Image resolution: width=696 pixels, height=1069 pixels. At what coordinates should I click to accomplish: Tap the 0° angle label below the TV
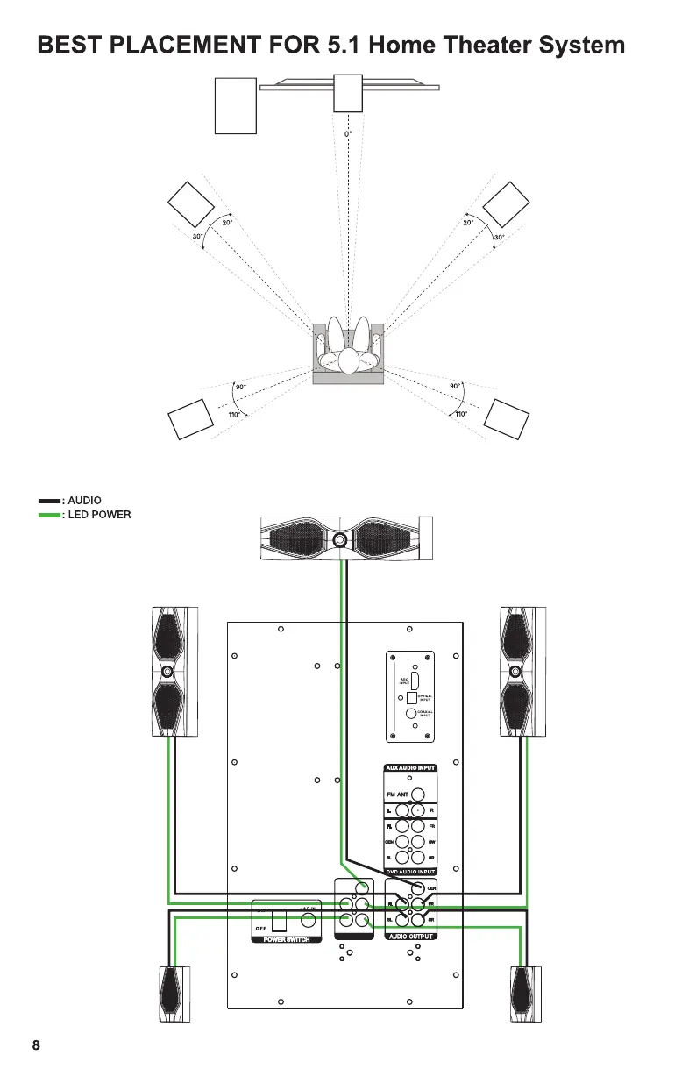tap(348, 134)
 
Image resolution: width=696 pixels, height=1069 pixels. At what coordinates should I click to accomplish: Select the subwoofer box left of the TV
tap(235, 105)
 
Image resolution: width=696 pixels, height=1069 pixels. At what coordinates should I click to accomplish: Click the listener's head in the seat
tap(349, 360)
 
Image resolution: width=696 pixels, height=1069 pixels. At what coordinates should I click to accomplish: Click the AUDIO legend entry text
tap(84, 501)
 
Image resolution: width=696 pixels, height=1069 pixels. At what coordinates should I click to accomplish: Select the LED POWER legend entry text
tap(99, 515)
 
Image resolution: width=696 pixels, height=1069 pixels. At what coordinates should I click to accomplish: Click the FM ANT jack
tap(418, 795)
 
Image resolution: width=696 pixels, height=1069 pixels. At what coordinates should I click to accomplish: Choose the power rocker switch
tap(279, 921)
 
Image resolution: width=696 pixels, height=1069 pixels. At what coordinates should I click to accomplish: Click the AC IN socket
tap(308, 921)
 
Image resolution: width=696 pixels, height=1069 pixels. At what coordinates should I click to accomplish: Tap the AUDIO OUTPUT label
tap(410, 936)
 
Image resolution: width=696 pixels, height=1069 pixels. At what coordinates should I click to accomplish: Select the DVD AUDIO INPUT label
tap(410, 872)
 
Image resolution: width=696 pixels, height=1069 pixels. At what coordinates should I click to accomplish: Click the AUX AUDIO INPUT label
tap(410, 768)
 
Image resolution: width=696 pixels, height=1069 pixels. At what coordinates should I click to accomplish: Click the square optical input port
tap(408, 697)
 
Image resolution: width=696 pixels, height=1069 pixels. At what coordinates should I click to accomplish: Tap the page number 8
tap(36, 1044)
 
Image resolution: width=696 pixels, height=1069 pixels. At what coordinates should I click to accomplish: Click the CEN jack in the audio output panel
tap(417, 887)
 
